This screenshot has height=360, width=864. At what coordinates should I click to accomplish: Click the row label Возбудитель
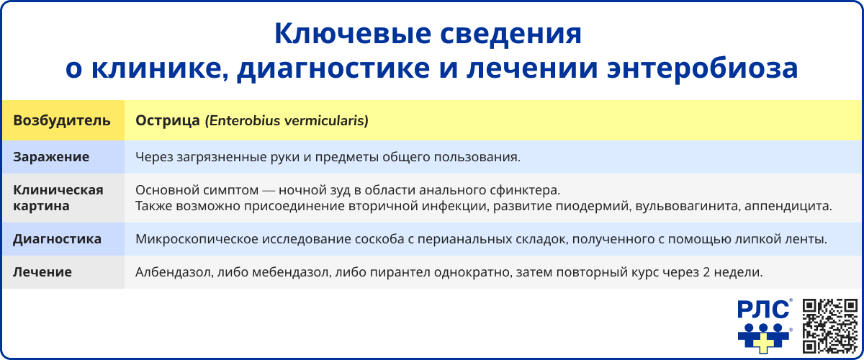click(62, 121)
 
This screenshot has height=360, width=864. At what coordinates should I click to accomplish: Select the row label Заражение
click(51, 156)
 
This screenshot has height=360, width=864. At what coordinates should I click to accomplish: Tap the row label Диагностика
click(57, 239)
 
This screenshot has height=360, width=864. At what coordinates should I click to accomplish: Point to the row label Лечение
click(42, 273)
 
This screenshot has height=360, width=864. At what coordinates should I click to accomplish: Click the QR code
click(829, 325)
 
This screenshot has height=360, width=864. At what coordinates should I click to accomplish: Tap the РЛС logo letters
click(762, 310)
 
